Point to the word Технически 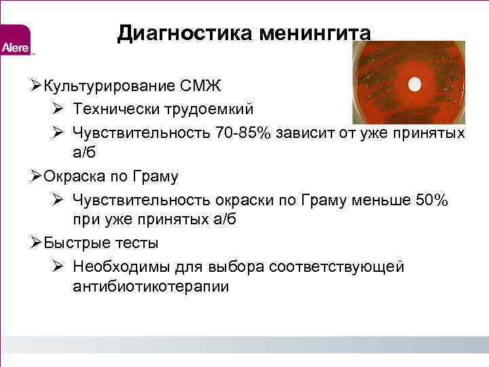tap(113, 109)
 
